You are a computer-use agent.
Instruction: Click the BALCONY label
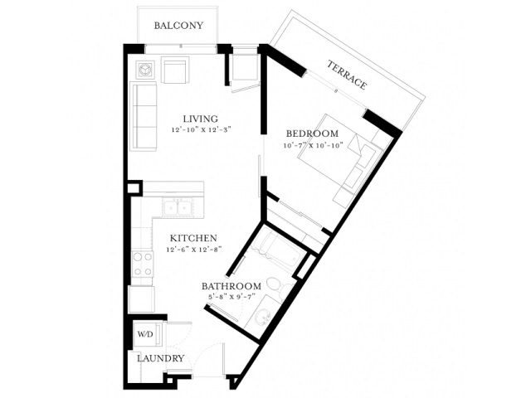pos(178,26)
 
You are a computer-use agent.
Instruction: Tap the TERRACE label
pos(347,75)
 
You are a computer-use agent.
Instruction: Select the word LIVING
pos(201,119)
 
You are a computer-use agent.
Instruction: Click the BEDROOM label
pos(312,133)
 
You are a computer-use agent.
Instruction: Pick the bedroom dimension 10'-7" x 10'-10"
pos(314,146)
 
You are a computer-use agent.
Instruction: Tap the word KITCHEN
pos(193,238)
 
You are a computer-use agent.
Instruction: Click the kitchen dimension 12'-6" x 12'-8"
pos(193,250)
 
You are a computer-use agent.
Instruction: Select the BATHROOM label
pos(231,286)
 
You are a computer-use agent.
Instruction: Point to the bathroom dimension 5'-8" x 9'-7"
pos(231,297)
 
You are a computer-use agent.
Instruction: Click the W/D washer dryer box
pos(147,334)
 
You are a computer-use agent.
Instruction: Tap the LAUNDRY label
pos(160,358)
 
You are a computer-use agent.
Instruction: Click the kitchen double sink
pos(177,206)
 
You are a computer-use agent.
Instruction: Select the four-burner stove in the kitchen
pos(142,265)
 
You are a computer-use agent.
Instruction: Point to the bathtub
pos(278,250)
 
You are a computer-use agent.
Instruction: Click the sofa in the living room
pos(144,116)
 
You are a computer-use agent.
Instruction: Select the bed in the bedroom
pos(339,160)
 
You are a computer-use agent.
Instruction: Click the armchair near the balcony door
pos(175,70)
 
